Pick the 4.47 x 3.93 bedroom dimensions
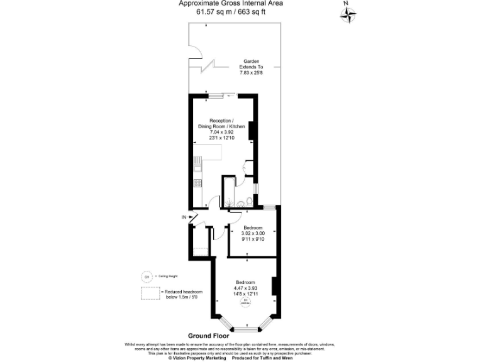point(246,288)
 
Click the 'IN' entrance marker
point(184,217)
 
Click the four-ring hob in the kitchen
point(197,184)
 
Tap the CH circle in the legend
point(147,276)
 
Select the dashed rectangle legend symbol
point(150,293)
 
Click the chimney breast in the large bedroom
point(274,286)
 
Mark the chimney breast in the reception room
point(252,131)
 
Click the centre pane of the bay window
point(246,329)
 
